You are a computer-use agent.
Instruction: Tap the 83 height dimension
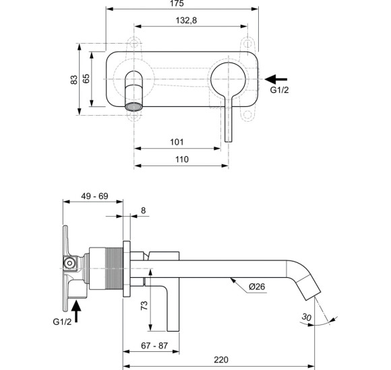click(x=74, y=79)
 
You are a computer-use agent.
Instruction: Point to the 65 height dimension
click(x=86, y=79)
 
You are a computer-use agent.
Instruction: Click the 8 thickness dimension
click(x=143, y=211)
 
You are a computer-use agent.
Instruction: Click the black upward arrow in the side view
click(x=78, y=311)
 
